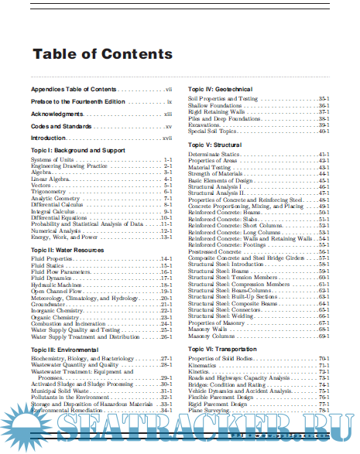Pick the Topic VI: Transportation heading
coord(222,350)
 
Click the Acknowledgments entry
coord(57,114)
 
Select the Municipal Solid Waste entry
coord(60,391)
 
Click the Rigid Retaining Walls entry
coord(215,111)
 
